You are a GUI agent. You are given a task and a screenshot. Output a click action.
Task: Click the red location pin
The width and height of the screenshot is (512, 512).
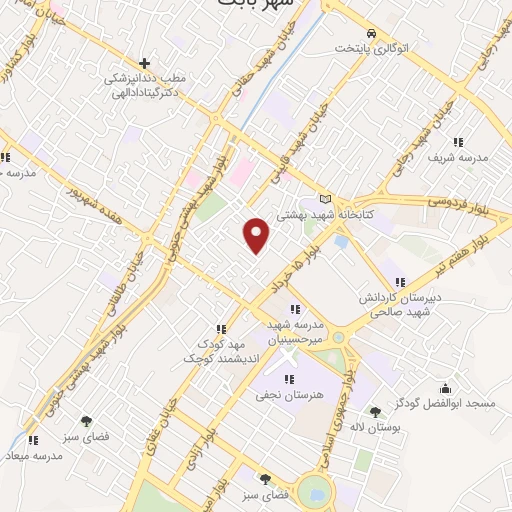point(257,234)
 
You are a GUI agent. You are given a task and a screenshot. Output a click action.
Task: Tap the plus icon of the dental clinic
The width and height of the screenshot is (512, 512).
point(146,62)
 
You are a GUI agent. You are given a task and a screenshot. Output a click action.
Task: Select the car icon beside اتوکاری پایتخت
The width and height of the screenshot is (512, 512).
point(372,32)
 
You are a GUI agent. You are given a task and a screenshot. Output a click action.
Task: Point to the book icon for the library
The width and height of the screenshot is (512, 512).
point(323,198)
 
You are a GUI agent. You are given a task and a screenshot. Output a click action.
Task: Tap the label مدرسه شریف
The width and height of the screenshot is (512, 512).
point(457,158)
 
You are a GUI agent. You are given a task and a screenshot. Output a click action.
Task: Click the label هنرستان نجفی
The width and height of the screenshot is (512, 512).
point(290,397)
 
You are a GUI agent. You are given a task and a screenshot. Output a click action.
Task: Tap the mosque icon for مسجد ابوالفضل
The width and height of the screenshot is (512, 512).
point(445,388)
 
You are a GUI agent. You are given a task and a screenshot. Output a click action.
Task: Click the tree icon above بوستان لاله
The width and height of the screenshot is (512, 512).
point(375,411)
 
